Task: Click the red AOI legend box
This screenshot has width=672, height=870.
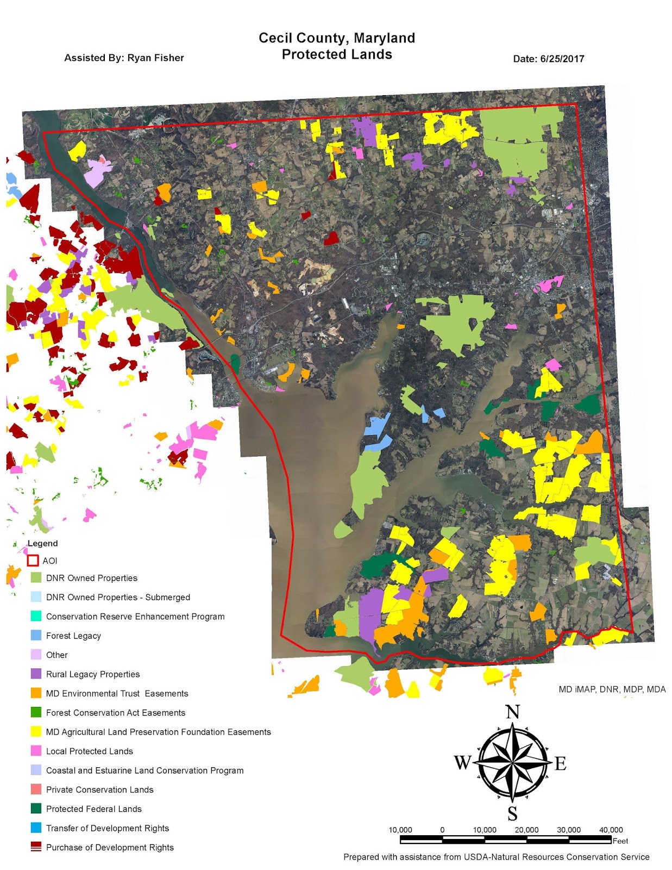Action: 33,560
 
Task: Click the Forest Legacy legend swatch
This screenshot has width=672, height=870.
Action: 36,635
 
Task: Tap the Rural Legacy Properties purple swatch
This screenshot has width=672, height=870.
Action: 36,674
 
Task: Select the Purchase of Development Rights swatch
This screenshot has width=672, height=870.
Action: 36,847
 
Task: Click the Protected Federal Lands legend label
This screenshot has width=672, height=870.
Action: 93,809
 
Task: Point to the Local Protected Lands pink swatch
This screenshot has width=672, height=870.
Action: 36,751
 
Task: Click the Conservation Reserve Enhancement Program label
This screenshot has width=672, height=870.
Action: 135,616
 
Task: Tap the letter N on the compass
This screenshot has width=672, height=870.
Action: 512,712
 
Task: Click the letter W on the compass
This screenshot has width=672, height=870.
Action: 462,762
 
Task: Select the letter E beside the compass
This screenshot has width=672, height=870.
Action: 560,763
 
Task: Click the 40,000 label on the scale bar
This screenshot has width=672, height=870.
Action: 611,830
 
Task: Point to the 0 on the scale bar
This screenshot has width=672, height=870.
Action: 442,830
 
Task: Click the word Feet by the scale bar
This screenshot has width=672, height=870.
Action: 620,841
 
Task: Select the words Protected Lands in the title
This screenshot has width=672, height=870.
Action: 337,54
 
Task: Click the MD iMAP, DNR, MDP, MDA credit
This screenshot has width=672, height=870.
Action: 612,689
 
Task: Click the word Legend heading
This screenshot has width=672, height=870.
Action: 42,543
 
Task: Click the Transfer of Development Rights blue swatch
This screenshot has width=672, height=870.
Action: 36,828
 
